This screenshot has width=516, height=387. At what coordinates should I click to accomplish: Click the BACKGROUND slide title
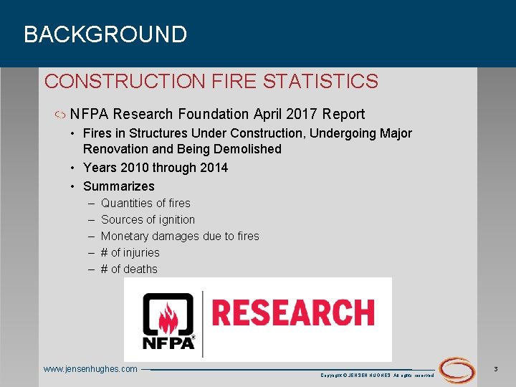105,34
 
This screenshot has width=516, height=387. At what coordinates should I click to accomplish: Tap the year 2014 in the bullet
211,168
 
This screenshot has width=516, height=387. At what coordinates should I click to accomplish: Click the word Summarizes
119,186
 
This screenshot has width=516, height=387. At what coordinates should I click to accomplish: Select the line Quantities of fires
145,204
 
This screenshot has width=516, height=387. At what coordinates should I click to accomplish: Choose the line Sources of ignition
148,220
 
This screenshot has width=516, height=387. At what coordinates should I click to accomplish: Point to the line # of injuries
130,253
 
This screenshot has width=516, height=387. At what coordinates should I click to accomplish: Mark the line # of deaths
129,269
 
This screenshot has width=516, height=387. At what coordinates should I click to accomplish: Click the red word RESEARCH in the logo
293,313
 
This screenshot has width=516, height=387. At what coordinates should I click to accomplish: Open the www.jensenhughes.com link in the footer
90,369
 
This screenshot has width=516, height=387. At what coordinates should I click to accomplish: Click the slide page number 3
496,368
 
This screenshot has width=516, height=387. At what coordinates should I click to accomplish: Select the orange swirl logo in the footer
457,370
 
